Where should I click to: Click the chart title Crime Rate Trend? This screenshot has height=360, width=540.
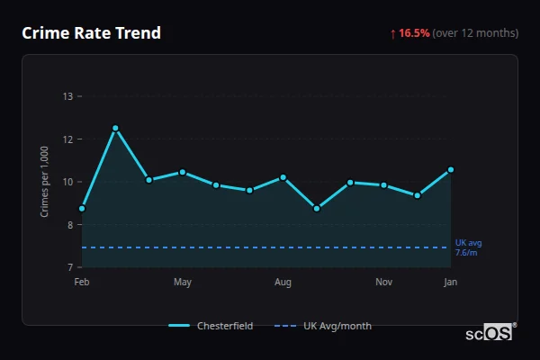(91, 33)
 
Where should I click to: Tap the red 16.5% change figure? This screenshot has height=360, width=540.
(415, 33)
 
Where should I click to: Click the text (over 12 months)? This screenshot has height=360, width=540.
(475, 33)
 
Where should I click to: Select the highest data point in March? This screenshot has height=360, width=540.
(115, 128)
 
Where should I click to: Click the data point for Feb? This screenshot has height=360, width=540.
(82, 209)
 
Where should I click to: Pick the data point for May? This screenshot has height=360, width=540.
(183, 172)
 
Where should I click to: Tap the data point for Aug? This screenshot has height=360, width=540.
(283, 177)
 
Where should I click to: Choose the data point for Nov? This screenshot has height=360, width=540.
(384, 185)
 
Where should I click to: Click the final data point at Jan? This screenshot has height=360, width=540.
(451, 169)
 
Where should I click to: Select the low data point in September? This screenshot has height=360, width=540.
(317, 209)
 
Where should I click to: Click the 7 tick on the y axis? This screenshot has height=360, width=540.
(68, 267)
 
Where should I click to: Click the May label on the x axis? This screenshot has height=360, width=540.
(183, 283)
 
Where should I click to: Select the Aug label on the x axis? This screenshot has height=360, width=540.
(283, 283)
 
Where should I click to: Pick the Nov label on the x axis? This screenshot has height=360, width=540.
(384, 283)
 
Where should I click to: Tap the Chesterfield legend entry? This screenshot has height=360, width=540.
(212, 326)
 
